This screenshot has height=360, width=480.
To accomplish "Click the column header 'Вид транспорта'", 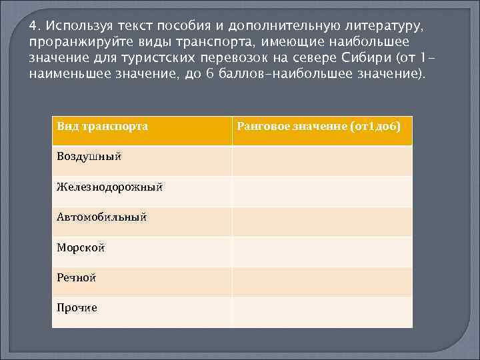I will pyautogui.click(x=102, y=126).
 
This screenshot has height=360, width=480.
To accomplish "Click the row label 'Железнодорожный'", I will pyautogui.click(x=109, y=187).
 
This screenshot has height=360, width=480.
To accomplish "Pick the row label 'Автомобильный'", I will pyautogui.click(x=101, y=217).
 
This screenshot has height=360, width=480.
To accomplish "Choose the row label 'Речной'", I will pyautogui.click(x=77, y=277).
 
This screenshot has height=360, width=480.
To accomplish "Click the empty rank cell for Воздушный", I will pyautogui.click(x=322, y=161).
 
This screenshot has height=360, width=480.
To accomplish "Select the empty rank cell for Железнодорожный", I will pyautogui.click(x=322, y=191).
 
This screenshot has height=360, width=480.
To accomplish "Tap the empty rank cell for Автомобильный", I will pyautogui.click(x=322, y=221).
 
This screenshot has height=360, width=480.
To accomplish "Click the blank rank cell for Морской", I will pyautogui.click(x=322, y=252).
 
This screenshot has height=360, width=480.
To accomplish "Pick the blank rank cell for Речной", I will pyautogui.click(x=322, y=282).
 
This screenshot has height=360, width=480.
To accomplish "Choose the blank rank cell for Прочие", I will pyautogui.click(x=322, y=312).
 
